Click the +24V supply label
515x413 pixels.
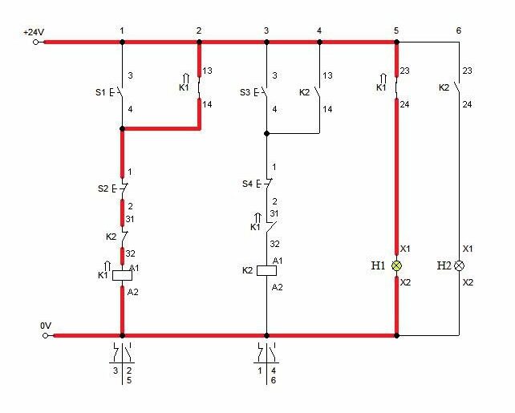pos(34,32)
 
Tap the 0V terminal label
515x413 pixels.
pos(46,326)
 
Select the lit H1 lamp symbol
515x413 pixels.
pos(397,266)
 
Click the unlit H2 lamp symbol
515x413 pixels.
pos(459,266)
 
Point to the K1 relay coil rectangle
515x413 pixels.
pos(122,275)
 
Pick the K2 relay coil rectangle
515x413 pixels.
pos(266,270)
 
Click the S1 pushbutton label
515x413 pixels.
pos(100,92)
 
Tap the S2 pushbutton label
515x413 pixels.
pos(103,188)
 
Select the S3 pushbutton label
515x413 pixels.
pos(245,92)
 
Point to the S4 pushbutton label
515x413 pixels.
pos(247,184)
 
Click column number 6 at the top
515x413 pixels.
pos(459,30)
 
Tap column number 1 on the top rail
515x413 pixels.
pos(122,30)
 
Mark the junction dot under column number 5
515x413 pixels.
pos(397,42)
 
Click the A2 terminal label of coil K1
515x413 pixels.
pos(132,292)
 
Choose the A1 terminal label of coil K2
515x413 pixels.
pos(278,261)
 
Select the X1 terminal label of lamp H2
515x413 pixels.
pos(468,249)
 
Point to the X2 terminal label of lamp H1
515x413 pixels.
pos(406,282)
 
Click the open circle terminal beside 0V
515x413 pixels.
pos(46,335)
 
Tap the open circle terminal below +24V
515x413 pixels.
pos(35,42)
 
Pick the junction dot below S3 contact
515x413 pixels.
pos(266,134)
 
